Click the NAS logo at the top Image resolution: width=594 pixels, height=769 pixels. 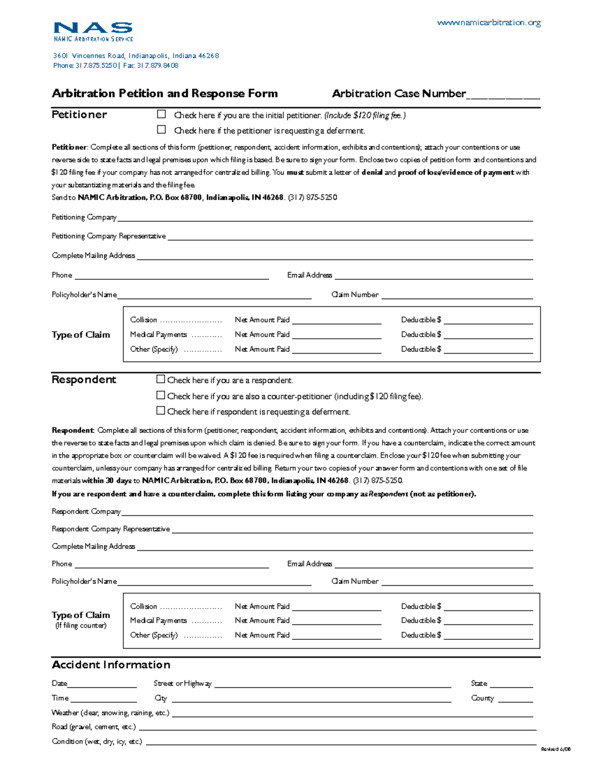(93, 31)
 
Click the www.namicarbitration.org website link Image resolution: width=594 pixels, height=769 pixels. (489, 22)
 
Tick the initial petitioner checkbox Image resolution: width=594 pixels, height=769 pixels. (161, 114)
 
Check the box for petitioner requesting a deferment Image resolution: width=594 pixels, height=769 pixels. (161, 130)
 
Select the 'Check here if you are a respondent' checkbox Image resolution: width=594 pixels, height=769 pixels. (160, 379)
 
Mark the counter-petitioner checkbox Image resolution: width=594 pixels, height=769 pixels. (160, 395)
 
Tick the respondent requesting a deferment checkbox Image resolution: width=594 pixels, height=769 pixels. (160, 410)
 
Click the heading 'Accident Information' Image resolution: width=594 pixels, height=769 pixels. (111, 665)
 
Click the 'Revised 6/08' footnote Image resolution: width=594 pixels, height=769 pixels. (555, 749)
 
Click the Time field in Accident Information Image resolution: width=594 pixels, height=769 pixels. (103, 699)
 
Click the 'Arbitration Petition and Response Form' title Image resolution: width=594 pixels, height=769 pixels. (165, 94)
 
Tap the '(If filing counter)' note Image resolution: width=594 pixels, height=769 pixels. (81, 625)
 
